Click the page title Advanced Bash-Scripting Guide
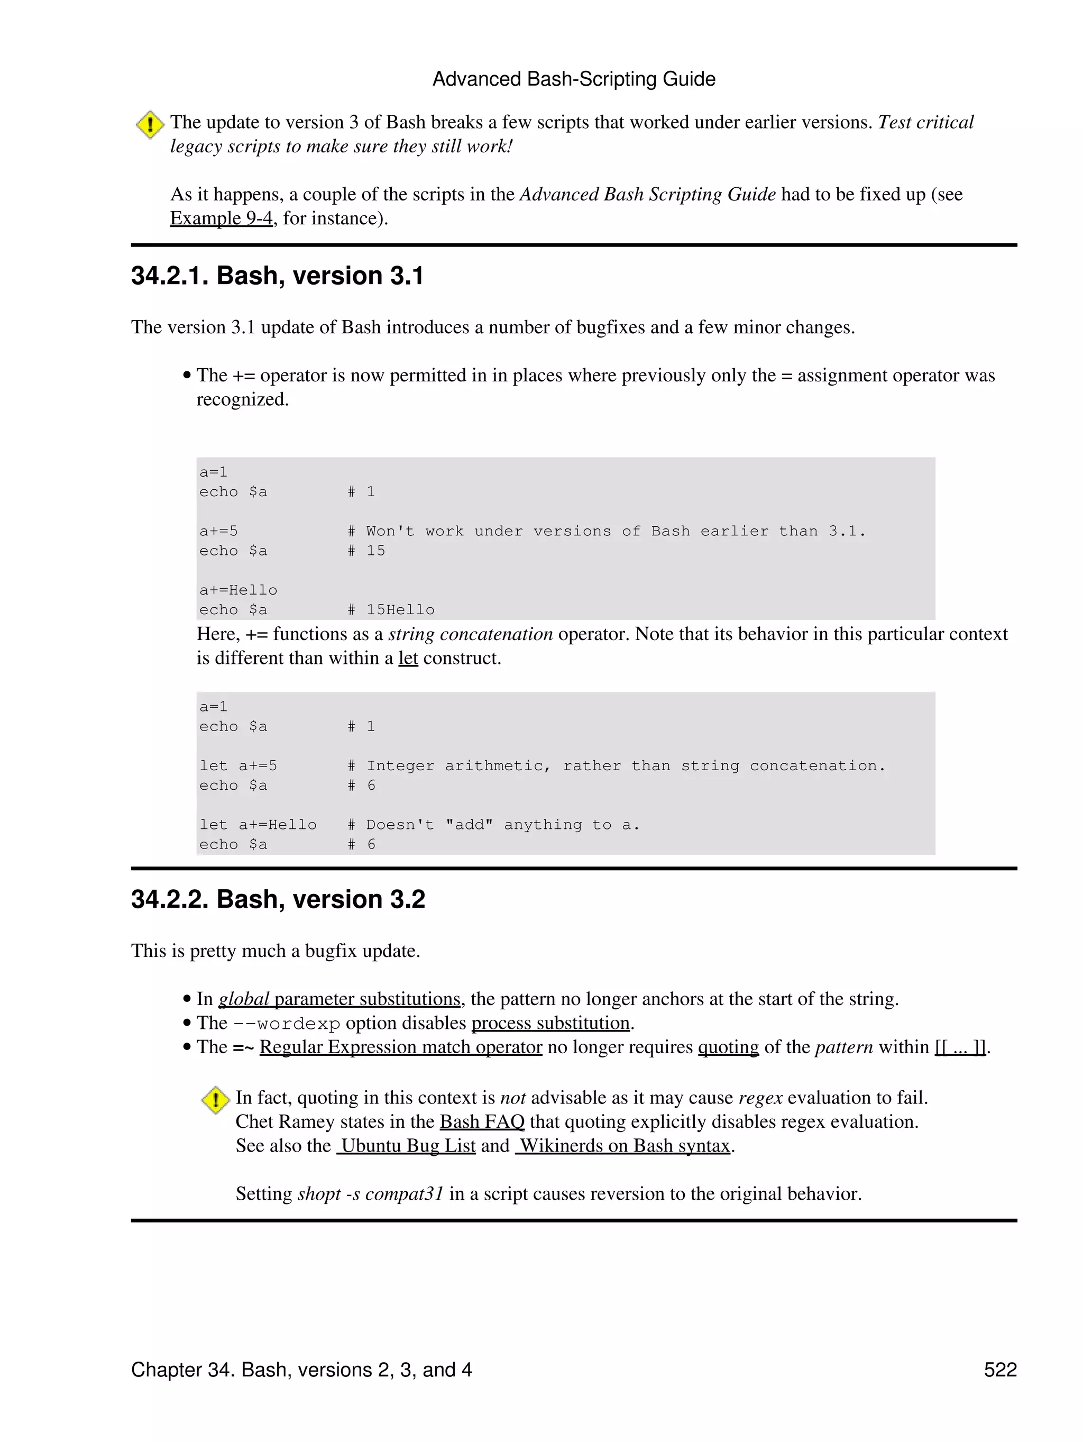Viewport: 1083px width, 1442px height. (x=573, y=79)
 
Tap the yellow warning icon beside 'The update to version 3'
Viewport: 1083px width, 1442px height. (x=150, y=124)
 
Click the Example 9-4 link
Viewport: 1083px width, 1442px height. (x=221, y=218)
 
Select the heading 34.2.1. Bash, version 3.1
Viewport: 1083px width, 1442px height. (x=277, y=276)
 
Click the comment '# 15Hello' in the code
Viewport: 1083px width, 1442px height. (x=390, y=610)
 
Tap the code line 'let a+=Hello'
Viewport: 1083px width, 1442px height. (x=258, y=825)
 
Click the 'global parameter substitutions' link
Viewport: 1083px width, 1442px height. (x=339, y=999)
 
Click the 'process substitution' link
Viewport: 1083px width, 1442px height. (x=550, y=1024)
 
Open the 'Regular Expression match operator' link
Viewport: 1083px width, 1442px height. (x=401, y=1047)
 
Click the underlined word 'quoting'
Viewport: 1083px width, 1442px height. (x=728, y=1047)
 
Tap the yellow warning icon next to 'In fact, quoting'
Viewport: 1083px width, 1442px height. (x=215, y=1100)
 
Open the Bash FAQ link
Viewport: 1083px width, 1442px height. (x=482, y=1122)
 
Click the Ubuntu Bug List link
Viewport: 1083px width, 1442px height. (x=406, y=1146)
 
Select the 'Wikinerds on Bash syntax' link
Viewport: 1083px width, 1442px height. (x=623, y=1146)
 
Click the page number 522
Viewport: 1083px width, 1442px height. (x=999, y=1370)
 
